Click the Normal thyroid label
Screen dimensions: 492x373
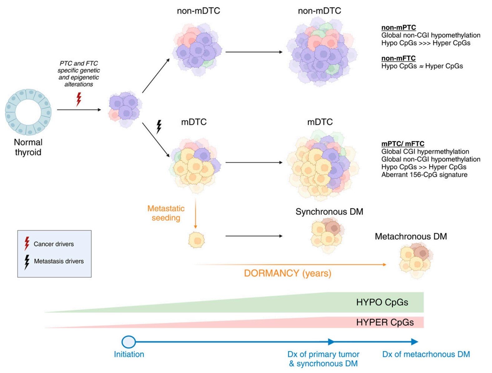click(28, 147)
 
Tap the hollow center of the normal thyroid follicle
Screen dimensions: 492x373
click(28, 112)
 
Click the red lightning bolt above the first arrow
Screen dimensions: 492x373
click(78, 99)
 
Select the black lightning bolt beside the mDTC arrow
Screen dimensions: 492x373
click(159, 127)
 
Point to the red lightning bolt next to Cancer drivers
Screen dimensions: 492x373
click(27, 243)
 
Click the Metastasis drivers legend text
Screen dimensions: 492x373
click(59, 261)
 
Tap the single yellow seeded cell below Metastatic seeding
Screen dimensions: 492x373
click(197, 240)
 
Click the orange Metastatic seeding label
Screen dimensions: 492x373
click(166, 213)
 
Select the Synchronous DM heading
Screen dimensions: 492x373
click(329, 212)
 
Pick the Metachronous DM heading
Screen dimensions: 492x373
click(411, 236)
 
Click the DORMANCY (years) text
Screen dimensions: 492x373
click(288, 273)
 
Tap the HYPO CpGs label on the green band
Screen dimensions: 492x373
click(382, 302)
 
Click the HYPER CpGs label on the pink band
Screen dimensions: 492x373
click(385, 322)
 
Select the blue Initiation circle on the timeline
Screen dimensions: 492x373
click(128, 342)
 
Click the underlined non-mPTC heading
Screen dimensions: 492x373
click(399, 28)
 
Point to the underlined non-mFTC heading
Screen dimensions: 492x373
click(398, 58)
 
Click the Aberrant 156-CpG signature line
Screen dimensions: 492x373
click(424, 174)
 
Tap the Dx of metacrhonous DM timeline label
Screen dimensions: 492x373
click(426, 354)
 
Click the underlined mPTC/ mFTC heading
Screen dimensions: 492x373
click(403, 144)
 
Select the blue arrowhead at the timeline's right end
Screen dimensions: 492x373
click(415, 342)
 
